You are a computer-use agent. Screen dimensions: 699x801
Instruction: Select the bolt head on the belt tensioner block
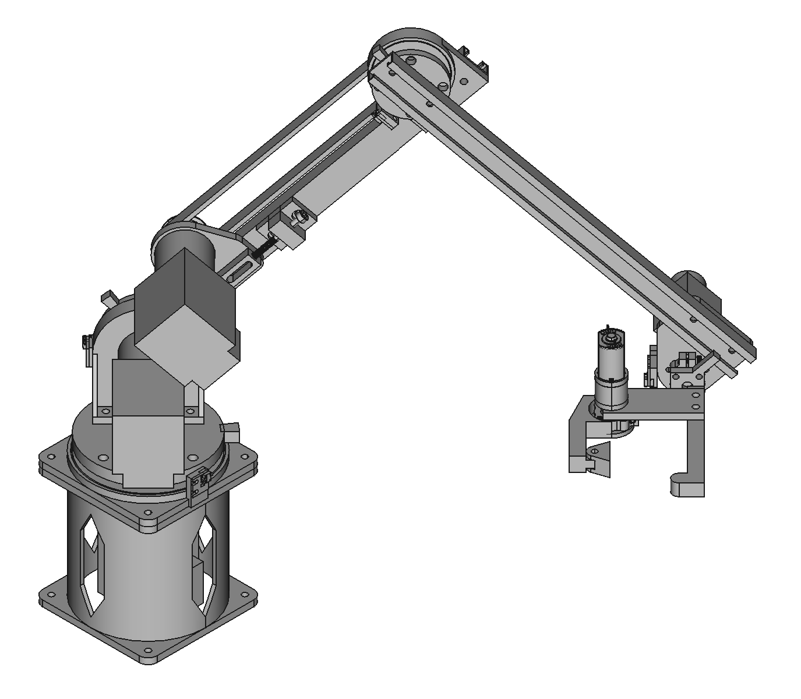pos(299,217)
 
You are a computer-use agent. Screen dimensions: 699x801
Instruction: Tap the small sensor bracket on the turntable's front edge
pos(197,483)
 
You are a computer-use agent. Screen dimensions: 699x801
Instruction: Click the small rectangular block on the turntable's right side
pos(232,432)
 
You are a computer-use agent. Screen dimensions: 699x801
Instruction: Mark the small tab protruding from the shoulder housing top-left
pos(109,298)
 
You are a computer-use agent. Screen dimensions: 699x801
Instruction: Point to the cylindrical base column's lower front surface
pos(146,588)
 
